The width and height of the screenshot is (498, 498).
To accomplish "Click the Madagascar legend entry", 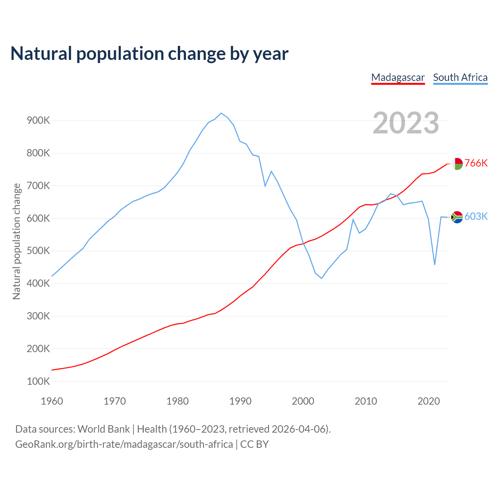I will pos(398,77).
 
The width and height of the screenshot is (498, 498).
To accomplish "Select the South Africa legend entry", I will pos(460,77).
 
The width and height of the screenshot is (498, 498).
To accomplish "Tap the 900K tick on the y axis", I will pos(39,121).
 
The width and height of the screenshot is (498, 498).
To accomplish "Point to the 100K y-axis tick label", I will pos(39,381).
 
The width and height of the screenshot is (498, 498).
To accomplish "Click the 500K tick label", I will pos(39,251).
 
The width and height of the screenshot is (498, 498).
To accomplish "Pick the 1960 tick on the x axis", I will pos(52,401).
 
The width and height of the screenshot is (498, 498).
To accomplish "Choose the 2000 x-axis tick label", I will pos(303,401).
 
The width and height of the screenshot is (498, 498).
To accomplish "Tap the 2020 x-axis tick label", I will pos(428,401).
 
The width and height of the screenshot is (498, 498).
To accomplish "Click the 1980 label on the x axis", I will pos(177,401).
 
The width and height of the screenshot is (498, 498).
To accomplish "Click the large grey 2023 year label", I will pos(406,123).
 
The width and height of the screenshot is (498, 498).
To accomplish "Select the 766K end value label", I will pos(476,163).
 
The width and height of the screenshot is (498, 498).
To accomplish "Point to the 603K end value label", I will pos(476,217).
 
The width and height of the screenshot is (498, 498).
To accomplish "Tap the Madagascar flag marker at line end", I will pos(457,164).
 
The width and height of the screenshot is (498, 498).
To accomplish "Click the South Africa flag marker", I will pos(457,217).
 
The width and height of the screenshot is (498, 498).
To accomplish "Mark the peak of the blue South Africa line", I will pos(221,113).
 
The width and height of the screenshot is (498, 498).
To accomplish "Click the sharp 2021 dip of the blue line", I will pos(435,265).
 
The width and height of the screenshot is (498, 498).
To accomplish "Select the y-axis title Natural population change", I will pos(17,242).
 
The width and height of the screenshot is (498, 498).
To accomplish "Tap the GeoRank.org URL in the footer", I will pos(124,444).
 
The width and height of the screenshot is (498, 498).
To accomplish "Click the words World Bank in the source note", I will pos(103,429).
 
